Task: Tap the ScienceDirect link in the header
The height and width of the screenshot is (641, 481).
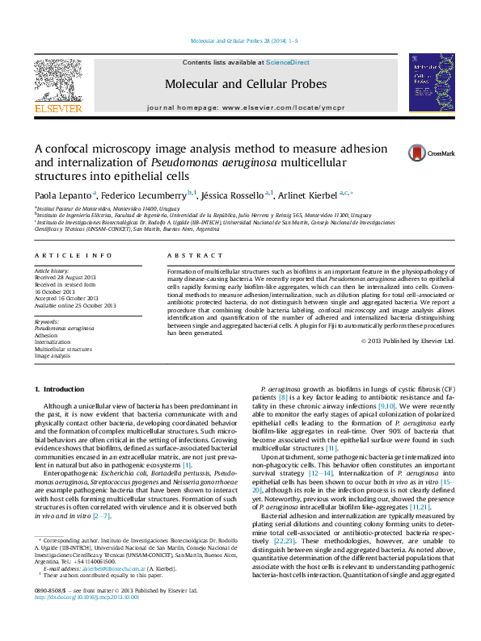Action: pos(288,62)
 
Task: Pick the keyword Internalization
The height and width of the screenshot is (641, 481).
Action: pos(53,342)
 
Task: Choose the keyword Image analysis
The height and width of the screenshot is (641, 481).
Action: pos(53,355)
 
